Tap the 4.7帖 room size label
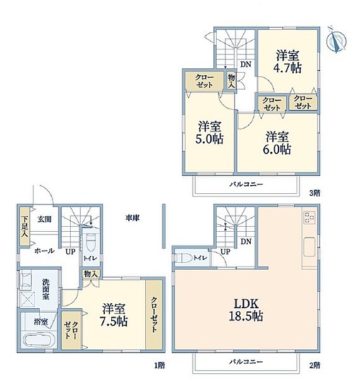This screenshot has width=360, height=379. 287,68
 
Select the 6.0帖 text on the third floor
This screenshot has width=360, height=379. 277,149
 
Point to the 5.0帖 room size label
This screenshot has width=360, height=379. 210,139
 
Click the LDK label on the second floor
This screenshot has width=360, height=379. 246,304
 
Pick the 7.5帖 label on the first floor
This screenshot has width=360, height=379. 114,322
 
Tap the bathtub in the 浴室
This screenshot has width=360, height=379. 39,340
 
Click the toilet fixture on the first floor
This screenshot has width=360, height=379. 90,243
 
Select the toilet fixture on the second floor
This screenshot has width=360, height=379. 183,258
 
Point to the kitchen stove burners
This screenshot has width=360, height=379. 309,217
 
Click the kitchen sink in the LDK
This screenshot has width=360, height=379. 309,247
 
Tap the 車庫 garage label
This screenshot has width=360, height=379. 133,218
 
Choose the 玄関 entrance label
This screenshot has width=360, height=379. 44,219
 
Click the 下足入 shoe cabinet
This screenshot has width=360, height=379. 25,227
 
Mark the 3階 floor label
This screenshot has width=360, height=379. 315,193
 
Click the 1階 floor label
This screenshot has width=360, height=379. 160,366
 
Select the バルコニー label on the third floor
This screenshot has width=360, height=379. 246,184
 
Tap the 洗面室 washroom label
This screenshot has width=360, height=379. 45,289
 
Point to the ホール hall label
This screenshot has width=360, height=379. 44,251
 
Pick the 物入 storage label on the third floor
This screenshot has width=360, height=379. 231,81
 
